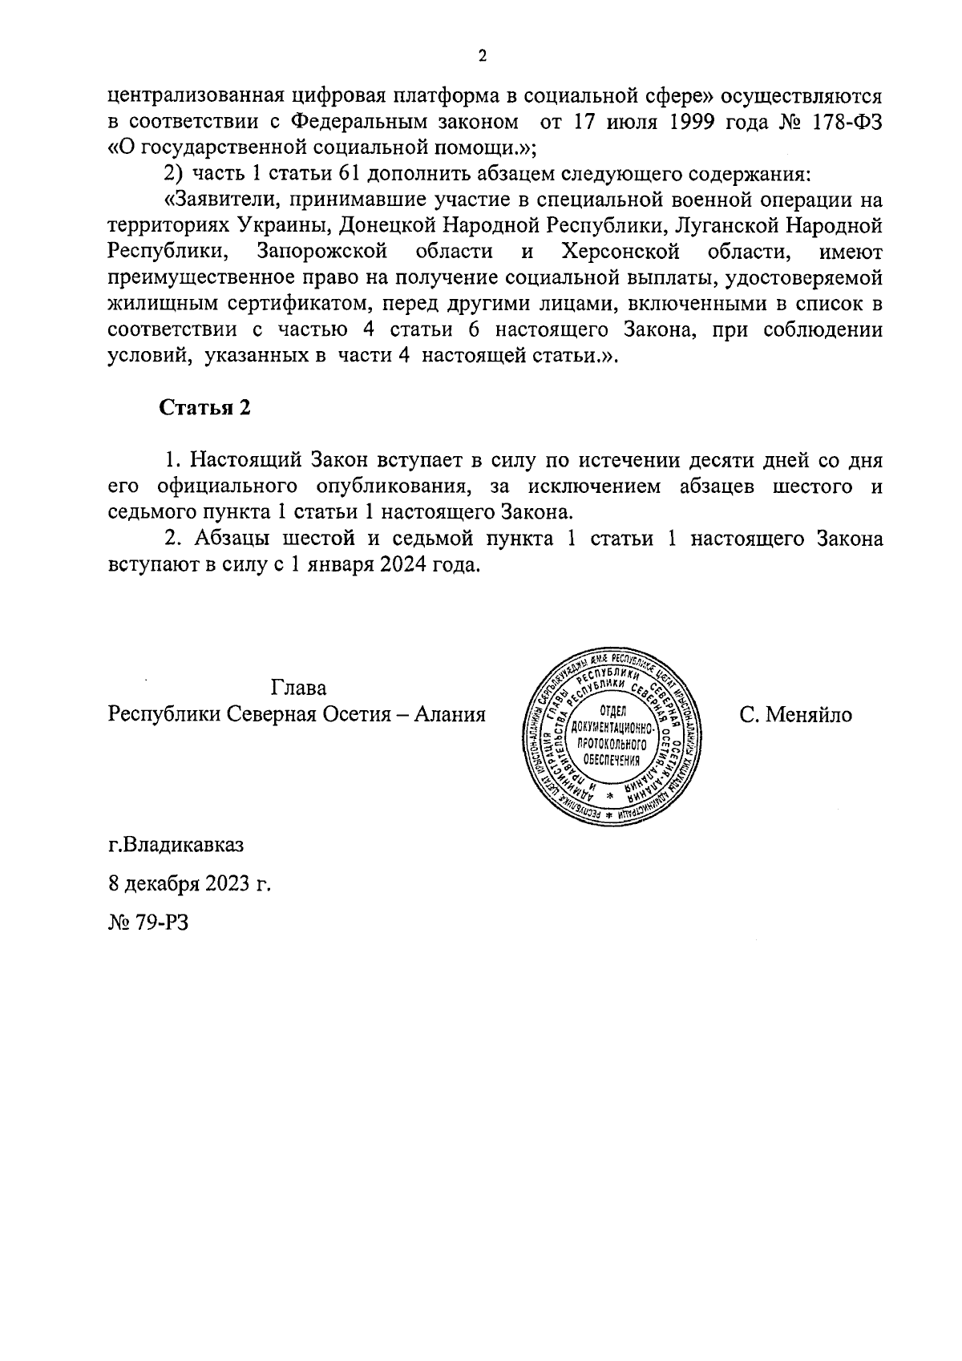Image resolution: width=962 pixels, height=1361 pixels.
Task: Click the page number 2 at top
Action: tap(482, 56)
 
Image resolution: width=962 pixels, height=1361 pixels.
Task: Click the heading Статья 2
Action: tap(206, 408)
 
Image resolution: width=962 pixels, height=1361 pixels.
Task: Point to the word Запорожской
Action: tap(323, 252)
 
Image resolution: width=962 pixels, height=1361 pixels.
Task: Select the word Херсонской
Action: tap(621, 252)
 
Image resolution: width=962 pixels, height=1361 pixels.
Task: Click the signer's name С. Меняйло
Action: tap(796, 714)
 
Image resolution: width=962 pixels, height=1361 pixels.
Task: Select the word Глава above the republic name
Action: tap(298, 689)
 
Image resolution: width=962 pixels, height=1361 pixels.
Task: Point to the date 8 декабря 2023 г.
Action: tap(190, 884)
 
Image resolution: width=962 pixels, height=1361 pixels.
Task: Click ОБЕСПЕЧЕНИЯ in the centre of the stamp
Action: tap(615, 761)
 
